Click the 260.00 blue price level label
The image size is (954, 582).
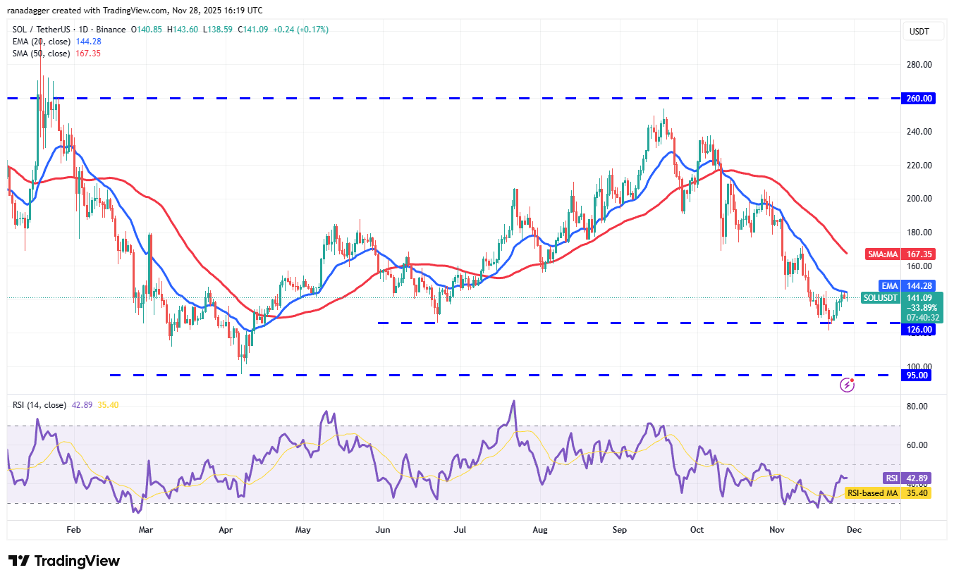click(919, 99)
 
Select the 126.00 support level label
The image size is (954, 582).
click(919, 329)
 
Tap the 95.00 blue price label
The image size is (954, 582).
click(919, 375)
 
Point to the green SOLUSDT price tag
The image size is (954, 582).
click(881, 298)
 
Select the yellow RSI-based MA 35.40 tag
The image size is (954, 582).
click(888, 493)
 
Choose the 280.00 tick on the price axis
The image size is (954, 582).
click(919, 65)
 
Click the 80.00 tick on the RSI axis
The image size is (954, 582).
click(916, 406)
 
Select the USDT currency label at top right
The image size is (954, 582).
click(919, 32)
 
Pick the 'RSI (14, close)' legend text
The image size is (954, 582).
click(39, 405)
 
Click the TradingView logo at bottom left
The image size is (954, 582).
click(64, 561)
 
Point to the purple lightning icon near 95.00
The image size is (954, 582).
click(848, 385)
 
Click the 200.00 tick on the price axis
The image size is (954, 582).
click(919, 199)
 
